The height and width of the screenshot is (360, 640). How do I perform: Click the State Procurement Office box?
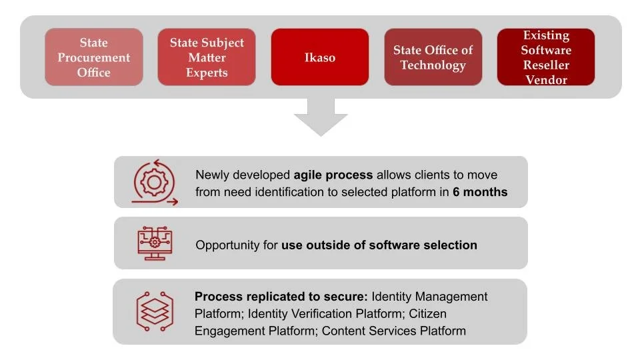coord(94,57)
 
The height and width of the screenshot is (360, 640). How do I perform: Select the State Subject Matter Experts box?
coord(207,57)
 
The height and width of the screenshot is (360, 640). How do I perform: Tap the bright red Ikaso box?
coord(320,57)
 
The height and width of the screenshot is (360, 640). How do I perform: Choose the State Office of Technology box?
coord(433,57)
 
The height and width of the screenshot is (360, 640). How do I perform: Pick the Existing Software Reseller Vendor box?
coord(546,57)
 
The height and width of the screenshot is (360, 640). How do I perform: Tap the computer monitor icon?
coord(155,243)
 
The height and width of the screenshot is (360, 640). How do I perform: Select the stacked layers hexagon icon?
coord(155,311)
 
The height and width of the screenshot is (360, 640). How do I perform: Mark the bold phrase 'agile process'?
coord(333,175)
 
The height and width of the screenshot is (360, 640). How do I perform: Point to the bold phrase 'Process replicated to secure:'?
coord(281,296)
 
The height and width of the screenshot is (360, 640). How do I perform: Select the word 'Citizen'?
coord(428,313)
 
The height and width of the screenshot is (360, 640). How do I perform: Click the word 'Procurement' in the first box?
coord(94,57)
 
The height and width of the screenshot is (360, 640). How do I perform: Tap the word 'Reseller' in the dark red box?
coord(546,65)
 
